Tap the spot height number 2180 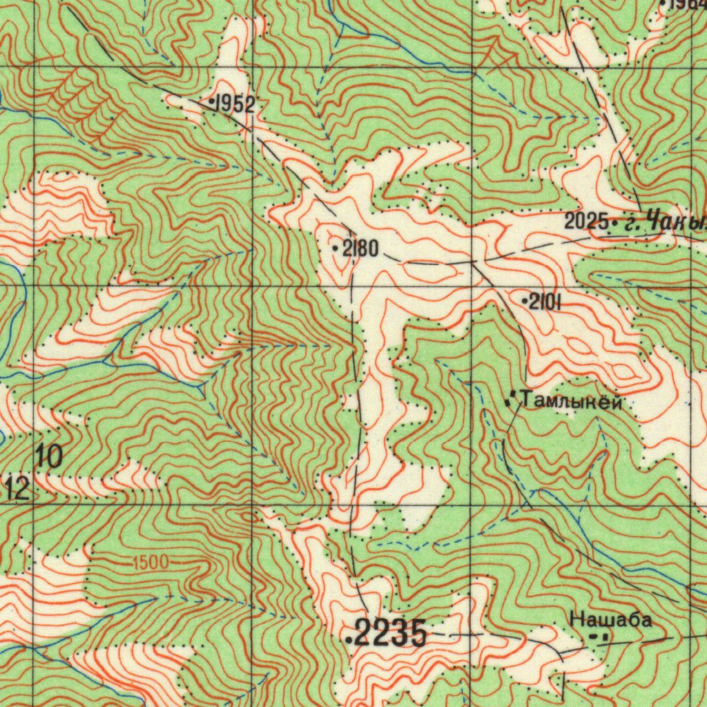[360, 249]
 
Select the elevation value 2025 [585, 222]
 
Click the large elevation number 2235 [391, 634]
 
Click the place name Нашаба [610, 619]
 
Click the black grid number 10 [49, 456]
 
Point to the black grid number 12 [18, 490]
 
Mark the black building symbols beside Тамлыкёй [512, 397]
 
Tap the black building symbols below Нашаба [599, 635]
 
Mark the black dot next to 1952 [211, 101]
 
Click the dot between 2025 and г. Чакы [613, 222]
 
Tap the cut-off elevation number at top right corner [685, 5]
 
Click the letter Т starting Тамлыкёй [527, 399]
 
